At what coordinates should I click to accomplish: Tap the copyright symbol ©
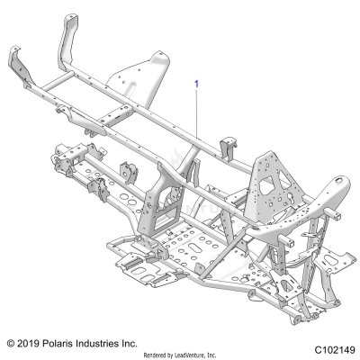click(11, 343)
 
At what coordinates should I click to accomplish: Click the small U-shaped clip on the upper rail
click(225, 143)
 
